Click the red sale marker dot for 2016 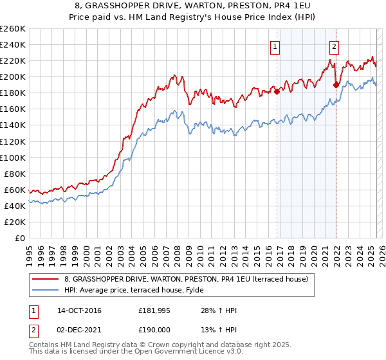(277, 91)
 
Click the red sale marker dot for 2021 (336, 84)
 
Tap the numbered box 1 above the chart (275, 46)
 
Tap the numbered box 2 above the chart (335, 46)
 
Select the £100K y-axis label (13, 157)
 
